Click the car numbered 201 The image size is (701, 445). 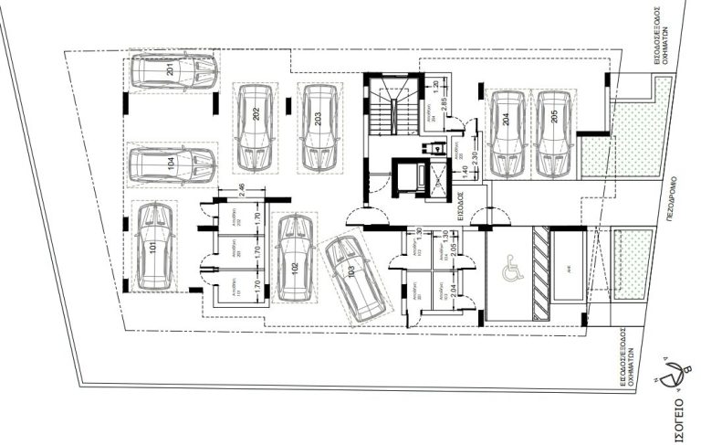tap(173, 71)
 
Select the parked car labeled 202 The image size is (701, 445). tap(255, 127)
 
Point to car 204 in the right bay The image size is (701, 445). tap(507, 133)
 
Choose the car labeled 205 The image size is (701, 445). tap(554, 133)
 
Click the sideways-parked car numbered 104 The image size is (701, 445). tap(172, 164)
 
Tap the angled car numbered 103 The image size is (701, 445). tap(354, 278)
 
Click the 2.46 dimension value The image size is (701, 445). tap(240, 190)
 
